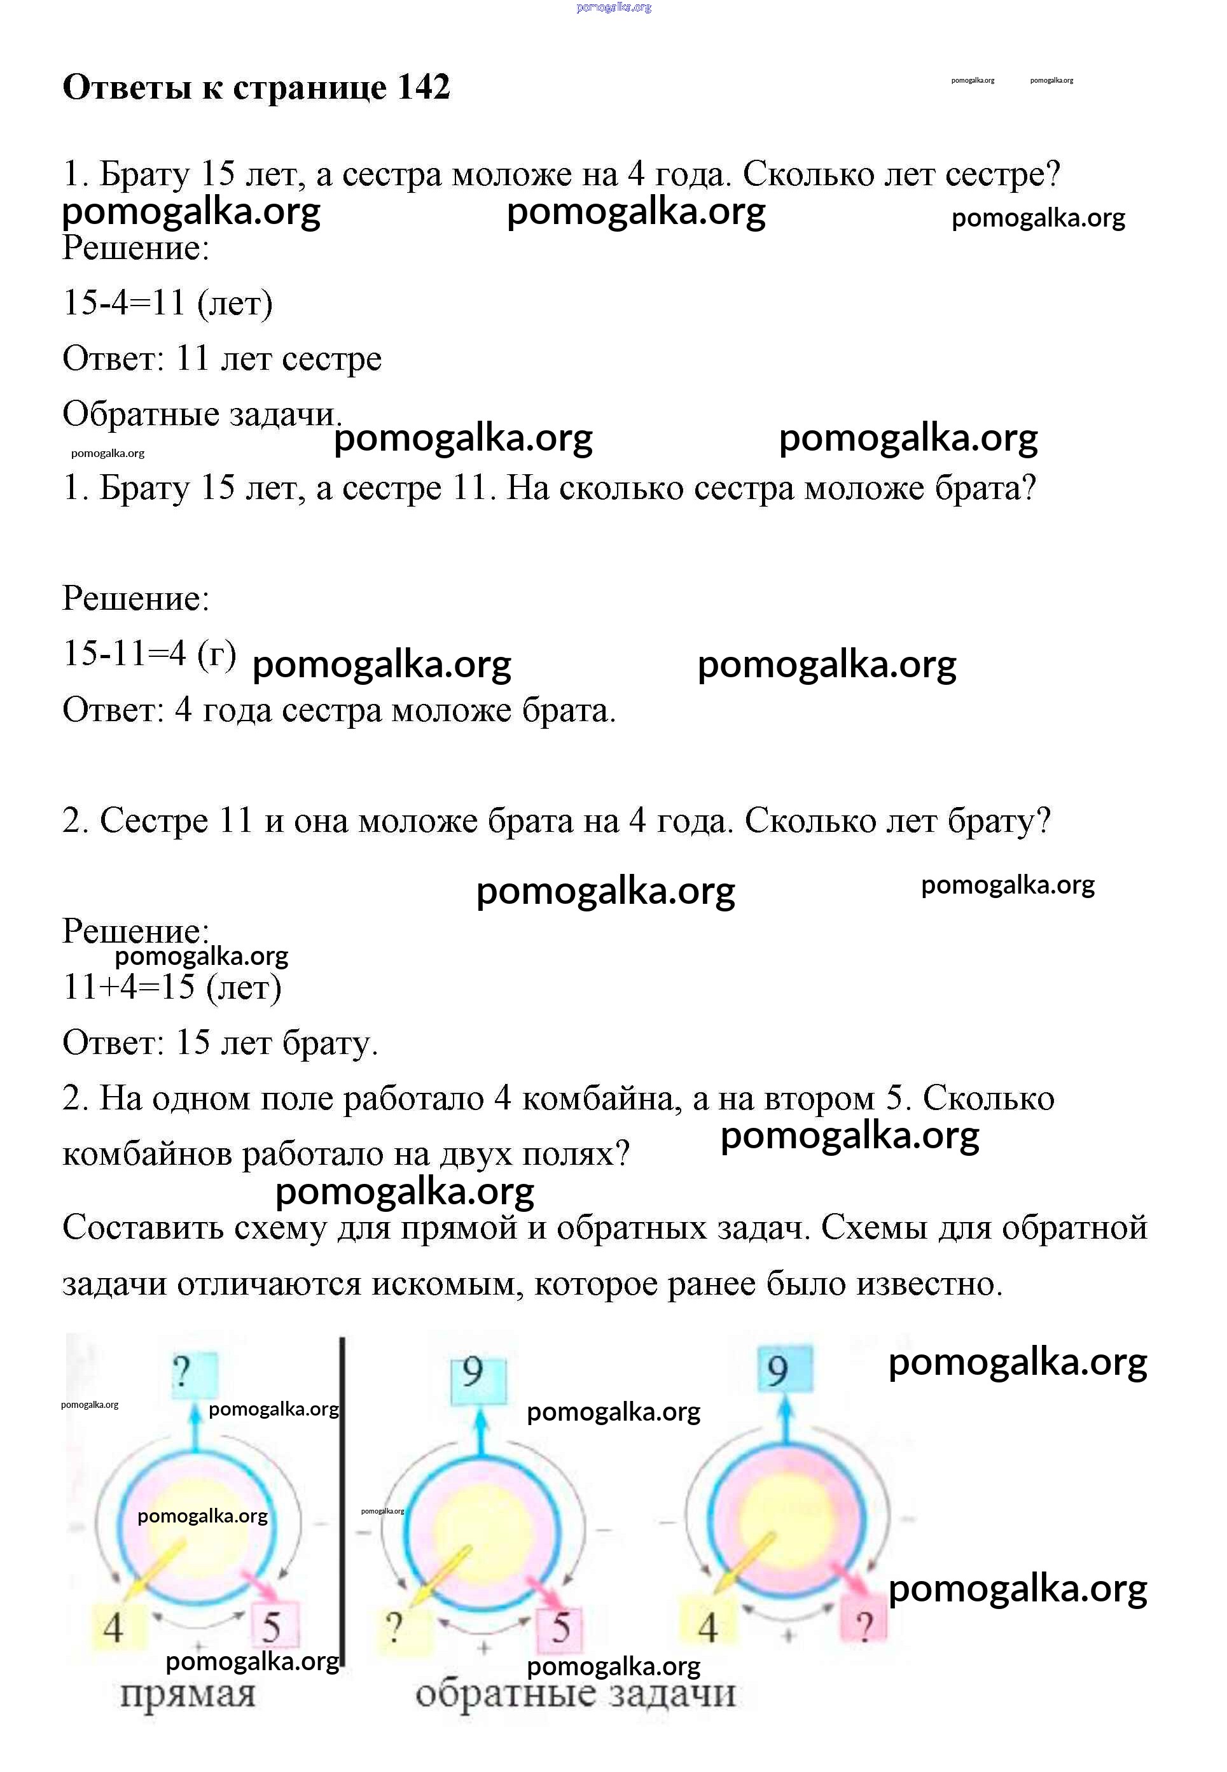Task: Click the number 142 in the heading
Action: click(424, 88)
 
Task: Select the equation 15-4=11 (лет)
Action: click(167, 303)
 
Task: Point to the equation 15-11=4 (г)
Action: click(149, 654)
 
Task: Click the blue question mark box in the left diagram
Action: click(193, 1374)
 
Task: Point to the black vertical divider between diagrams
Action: click(342, 1500)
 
